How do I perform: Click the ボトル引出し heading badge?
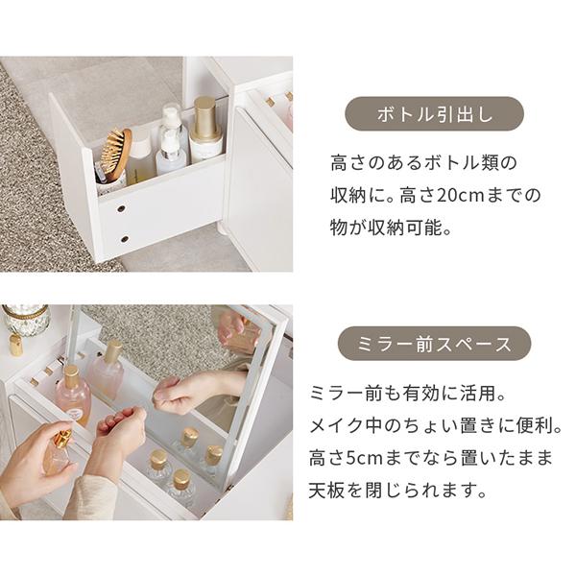[434, 114]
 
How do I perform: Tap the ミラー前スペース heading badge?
[434, 343]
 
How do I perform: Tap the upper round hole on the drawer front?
[121, 208]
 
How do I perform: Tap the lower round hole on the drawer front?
[125, 239]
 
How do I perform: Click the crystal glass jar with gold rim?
[27, 320]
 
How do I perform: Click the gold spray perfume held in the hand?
[59, 452]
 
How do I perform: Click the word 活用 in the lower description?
[477, 394]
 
